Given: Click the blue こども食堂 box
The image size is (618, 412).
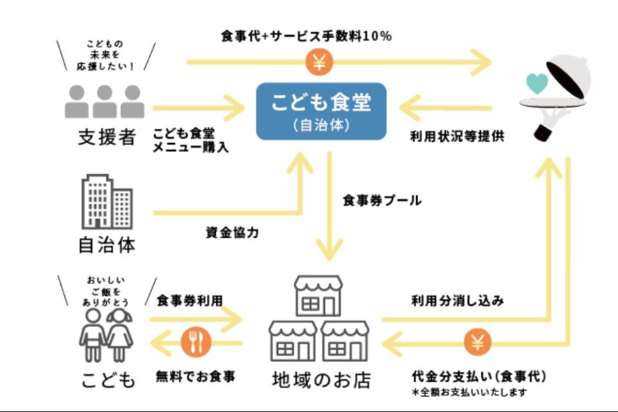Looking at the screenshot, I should (321, 111).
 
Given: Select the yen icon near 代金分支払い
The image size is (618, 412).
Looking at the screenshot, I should (477, 343).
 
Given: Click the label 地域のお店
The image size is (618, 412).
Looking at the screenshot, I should (321, 379).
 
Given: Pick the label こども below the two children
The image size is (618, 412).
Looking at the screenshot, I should (108, 380).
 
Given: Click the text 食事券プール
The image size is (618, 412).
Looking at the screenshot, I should (382, 201).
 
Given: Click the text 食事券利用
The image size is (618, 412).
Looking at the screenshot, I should (189, 301).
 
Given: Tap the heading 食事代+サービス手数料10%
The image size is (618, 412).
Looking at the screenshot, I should (306, 37).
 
